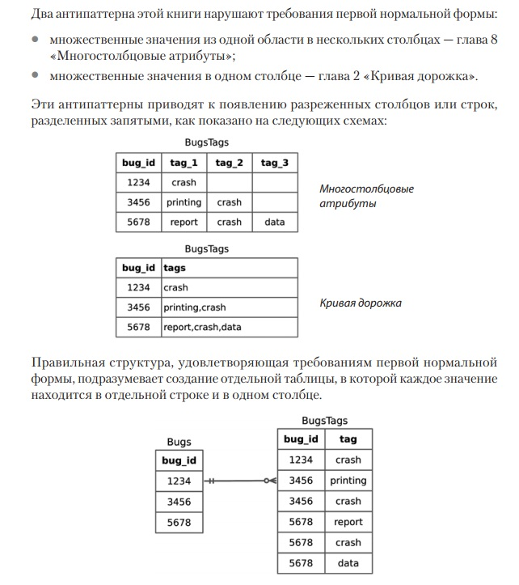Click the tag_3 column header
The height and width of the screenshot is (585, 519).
pyautogui.click(x=275, y=163)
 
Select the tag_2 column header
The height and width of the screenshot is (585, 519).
pyautogui.click(x=229, y=163)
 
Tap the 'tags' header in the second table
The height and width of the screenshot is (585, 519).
pyautogui.click(x=175, y=267)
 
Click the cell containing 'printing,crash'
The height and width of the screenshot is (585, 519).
pyautogui.click(x=195, y=307)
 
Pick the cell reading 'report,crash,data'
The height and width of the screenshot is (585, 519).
pyautogui.click(x=202, y=327)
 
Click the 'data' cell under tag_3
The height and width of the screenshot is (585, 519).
pyautogui.click(x=275, y=222)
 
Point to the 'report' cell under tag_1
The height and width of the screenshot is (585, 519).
pyautogui.click(x=184, y=222)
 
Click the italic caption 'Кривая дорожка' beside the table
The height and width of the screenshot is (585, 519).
pyautogui.click(x=361, y=303)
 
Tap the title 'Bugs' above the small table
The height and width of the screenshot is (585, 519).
pyautogui.click(x=179, y=442)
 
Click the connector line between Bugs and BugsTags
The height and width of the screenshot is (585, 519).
pyautogui.click(x=238, y=481)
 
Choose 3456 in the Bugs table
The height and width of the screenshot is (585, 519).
pyautogui.click(x=179, y=502)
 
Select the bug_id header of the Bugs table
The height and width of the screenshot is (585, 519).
pyautogui.click(x=179, y=460)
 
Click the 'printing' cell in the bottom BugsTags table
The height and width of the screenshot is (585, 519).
pyautogui.click(x=348, y=481)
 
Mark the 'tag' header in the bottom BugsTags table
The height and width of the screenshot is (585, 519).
pyautogui.click(x=348, y=439)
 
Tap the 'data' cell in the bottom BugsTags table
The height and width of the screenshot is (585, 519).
pyautogui.click(x=348, y=563)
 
